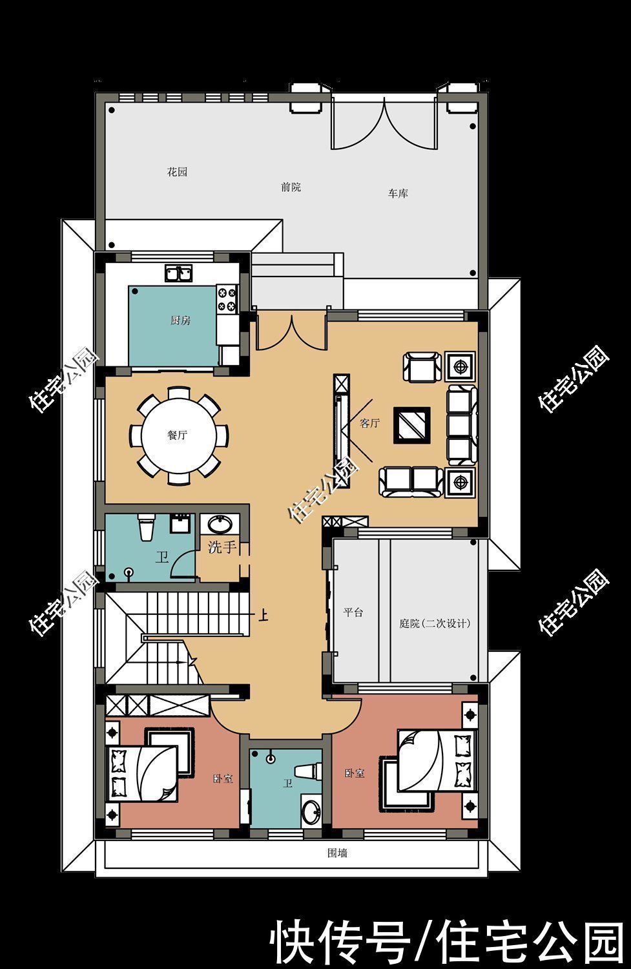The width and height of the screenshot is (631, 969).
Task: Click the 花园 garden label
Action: click(178, 172)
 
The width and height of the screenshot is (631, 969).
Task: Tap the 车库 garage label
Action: click(398, 193)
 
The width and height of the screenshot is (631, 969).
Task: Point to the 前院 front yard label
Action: click(291, 187)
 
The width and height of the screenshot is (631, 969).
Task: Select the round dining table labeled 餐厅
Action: click(179, 435)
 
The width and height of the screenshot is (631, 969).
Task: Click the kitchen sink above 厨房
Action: click(179, 273)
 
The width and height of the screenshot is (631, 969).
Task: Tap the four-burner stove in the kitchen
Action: click(227, 298)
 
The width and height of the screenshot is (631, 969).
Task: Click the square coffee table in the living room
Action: click(411, 425)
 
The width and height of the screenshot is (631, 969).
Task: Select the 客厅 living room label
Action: click(370, 423)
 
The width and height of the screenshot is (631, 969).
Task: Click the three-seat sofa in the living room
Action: click(461, 425)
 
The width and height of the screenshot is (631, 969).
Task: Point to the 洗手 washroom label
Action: click(222, 547)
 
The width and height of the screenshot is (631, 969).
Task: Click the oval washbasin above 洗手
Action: click(220, 525)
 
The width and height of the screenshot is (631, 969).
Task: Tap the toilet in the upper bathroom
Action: click(146, 526)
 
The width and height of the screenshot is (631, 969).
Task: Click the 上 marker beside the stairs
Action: click(264, 615)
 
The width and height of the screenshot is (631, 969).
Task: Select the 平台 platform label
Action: click(353, 612)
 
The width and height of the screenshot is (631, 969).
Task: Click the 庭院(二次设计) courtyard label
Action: click(435, 623)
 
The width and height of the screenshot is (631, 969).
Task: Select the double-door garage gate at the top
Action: click(384, 125)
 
